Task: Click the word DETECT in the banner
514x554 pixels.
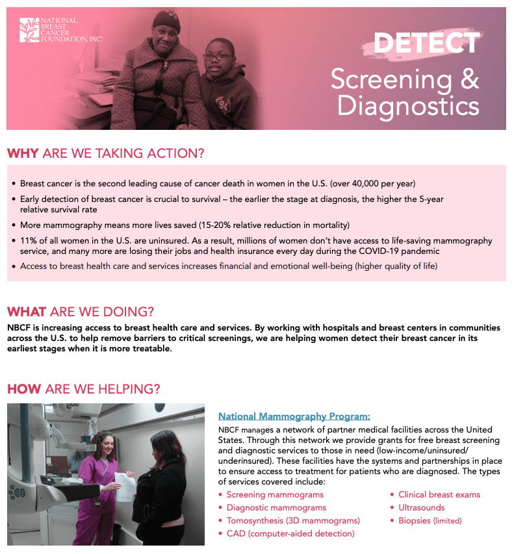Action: tap(426, 43)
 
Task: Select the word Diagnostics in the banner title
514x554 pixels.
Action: tap(407, 105)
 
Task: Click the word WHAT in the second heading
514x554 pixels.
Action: tap(27, 312)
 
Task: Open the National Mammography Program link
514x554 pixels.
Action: tap(294, 416)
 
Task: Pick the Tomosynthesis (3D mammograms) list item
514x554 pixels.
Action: tap(293, 521)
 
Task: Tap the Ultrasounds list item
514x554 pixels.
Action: tap(421, 508)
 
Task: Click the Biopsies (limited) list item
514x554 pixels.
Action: tap(430, 521)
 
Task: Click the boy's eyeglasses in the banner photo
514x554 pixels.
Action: tap(216, 57)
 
